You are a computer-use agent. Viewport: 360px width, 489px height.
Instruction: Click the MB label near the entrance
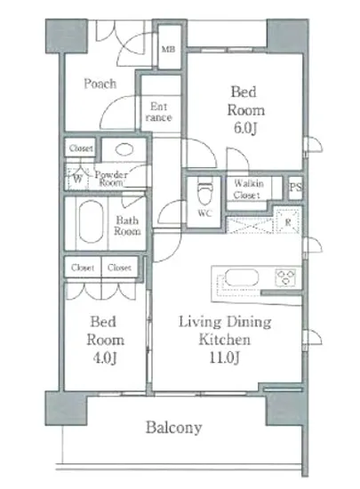[168, 49]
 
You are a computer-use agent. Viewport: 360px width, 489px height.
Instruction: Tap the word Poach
[100, 84]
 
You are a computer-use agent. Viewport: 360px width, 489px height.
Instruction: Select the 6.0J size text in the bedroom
[245, 128]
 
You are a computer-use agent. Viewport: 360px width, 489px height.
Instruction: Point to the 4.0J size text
[106, 357]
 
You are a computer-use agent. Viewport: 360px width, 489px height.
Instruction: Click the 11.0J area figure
[224, 357]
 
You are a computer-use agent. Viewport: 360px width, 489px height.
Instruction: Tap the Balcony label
[174, 428]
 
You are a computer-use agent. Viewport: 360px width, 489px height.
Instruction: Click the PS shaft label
[295, 187]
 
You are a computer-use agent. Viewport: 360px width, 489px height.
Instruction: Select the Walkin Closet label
[248, 189]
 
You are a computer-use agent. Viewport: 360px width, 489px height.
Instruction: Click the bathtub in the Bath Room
[91, 221]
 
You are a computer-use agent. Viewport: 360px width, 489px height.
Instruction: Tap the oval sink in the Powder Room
[124, 149]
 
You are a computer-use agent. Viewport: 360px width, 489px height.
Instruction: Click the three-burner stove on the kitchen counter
[285, 277]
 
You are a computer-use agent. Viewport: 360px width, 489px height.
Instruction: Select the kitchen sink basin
[242, 277]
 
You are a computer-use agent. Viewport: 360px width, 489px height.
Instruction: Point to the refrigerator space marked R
[288, 221]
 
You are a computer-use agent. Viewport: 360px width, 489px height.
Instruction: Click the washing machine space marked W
[78, 179]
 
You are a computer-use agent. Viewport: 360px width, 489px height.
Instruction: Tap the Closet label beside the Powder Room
[81, 148]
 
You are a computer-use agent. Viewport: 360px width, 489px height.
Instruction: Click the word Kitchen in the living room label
[225, 340]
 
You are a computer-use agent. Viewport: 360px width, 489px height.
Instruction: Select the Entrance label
[158, 112]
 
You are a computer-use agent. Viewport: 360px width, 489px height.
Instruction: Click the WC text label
[205, 213]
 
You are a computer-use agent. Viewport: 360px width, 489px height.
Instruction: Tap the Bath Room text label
[127, 226]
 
